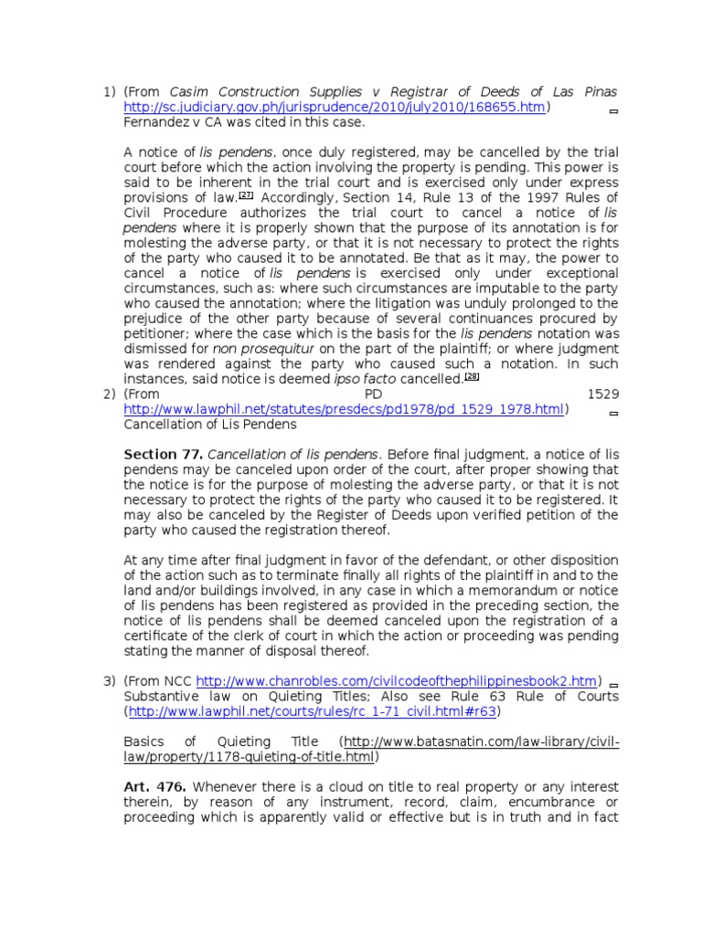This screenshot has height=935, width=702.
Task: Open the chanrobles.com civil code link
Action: coord(399,680)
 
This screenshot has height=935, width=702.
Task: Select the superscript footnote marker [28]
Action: coord(471,374)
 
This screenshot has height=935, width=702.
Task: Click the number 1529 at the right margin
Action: coord(602,394)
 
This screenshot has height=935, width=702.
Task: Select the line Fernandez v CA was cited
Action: coord(244,121)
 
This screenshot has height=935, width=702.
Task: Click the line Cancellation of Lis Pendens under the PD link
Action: coord(210,424)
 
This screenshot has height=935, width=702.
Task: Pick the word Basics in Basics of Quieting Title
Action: coord(145,741)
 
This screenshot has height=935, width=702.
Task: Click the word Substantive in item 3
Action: coord(161,696)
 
